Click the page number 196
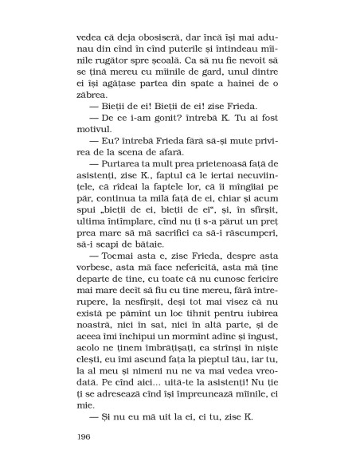click(85, 436)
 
